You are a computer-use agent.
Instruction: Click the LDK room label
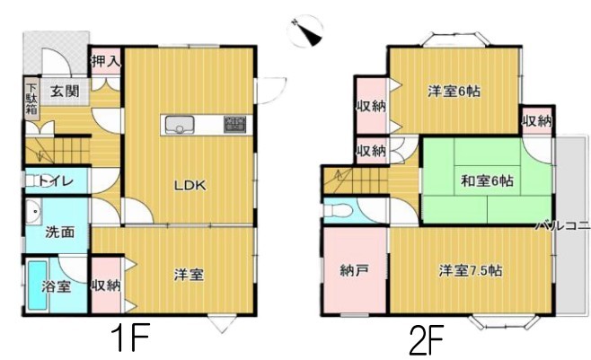coord(190,187)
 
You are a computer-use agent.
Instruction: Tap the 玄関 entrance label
coord(62,91)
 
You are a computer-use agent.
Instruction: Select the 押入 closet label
coord(106,62)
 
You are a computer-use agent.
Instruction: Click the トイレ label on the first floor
coord(56,181)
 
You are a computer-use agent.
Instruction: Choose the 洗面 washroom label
coord(60,232)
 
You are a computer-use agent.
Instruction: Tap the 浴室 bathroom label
coord(55,287)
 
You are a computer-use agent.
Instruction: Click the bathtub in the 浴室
coord(37,285)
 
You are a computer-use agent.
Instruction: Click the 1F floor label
coord(129,338)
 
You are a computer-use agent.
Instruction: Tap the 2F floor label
coord(428,339)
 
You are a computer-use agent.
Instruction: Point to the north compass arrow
coord(310,33)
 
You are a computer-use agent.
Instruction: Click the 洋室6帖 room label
coord(454,91)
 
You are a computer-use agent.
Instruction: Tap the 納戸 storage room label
coord(352,269)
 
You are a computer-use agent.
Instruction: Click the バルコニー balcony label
coord(562,224)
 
